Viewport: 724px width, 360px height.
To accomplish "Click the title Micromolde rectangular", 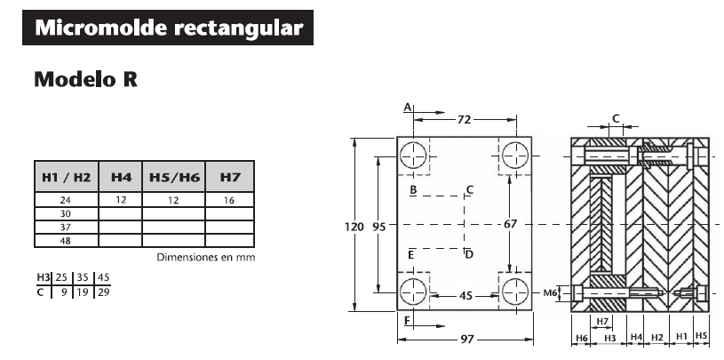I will click(168, 28).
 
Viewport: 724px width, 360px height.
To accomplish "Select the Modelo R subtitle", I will click(85, 80).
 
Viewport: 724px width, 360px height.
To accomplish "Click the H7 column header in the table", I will click(230, 178).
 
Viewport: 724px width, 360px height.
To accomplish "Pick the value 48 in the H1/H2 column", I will click(65, 241).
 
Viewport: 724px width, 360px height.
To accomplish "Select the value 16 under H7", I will click(230, 201).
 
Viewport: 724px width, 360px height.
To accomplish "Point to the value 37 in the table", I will click(65, 228).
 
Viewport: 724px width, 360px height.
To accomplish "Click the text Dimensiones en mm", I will click(205, 258).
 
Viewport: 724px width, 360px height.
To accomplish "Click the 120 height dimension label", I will click(354, 227).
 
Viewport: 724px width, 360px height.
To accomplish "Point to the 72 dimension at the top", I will click(464, 118).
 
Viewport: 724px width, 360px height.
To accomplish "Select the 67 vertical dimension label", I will click(510, 225).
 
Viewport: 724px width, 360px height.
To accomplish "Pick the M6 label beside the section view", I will click(550, 292).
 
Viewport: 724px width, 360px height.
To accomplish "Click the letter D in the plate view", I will click(469, 255).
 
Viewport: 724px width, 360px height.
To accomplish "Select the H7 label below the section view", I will click(602, 321).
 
